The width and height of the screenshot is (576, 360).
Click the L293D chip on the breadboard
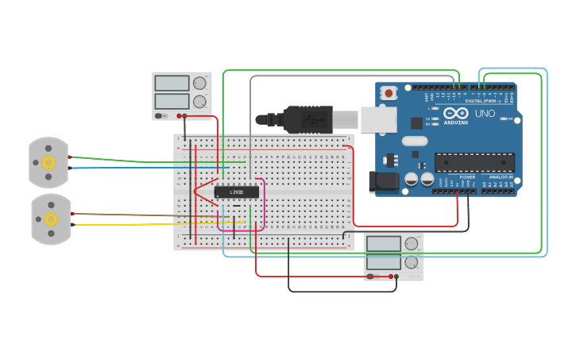click(x=237, y=192)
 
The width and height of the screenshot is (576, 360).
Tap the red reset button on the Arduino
click(x=389, y=93)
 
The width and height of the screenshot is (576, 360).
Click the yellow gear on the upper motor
click(x=48, y=162)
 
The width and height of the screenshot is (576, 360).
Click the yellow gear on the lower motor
click(x=51, y=219)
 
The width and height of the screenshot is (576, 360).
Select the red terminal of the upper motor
click(x=71, y=157)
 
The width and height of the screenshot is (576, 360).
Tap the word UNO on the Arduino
click(x=485, y=114)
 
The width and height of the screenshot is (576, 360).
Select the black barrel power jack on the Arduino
click(x=385, y=181)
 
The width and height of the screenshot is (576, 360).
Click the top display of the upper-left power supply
click(x=172, y=83)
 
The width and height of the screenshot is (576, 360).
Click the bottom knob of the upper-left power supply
click(x=199, y=101)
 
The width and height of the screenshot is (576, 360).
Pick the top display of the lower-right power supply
click(x=383, y=244)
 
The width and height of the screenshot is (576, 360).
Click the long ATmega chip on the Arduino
click(x=474, y=161)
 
